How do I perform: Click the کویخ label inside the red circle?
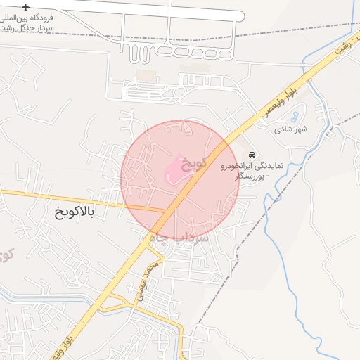(194, 163)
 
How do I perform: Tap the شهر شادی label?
(291, 129)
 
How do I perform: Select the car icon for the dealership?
(252, 154)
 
